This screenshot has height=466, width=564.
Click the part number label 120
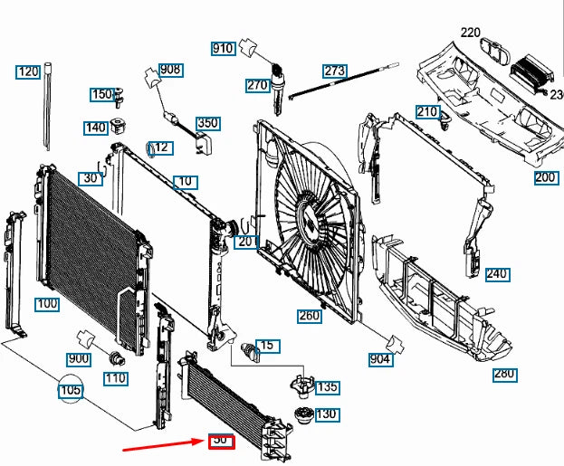pyautogui.click(x=28, y=71)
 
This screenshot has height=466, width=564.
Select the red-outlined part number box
pyautogui.click(x=222, y=441)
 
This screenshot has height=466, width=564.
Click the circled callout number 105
pyautogui.click(x=70, y=391)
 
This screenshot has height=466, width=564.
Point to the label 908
pyautogui.click(x=169, y=70)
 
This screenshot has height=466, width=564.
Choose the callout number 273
pyautogui.click(x=335, y=71)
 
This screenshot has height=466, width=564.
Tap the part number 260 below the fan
pyautogui.click(x=310, y=316)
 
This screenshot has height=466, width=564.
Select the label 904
pyautogui.click(x=380, y=359)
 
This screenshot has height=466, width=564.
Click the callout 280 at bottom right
pyautogui.click(x=504, y=374)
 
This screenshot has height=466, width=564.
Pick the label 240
pyautogui.click(x=497, y=274)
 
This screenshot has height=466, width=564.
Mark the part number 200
pyautogui.click(x=545, y=177)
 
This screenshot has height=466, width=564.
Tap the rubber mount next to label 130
pyautogui.click(x=303, y=419)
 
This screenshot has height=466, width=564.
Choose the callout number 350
pyautogui.click(x=208, y=123)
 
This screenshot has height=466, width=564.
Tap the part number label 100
pyautogui.click(x=47, y=303)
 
